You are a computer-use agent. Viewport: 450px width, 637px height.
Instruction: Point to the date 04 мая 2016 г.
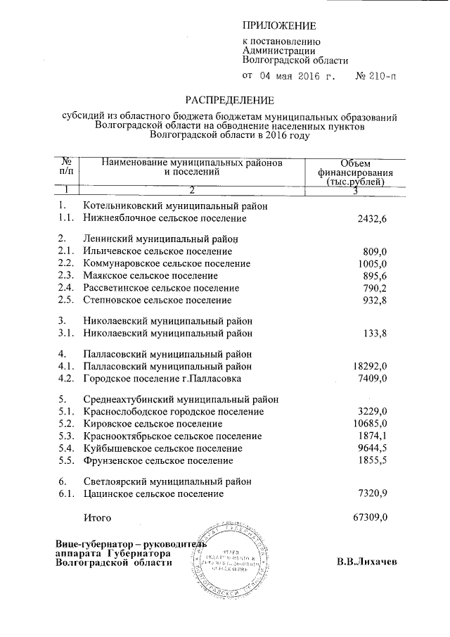coord(289,75)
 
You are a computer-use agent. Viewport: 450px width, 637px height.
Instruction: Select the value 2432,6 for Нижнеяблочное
coord(372,219)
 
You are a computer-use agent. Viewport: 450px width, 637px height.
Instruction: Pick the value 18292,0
coord(370,366)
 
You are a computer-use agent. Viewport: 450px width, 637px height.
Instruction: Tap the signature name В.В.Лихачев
coord(367,562)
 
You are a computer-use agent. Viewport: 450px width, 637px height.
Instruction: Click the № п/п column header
coord(67,166)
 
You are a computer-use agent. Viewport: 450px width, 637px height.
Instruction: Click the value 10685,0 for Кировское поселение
coord(370,424)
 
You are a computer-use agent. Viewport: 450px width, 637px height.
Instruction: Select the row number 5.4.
coord(66,448)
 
